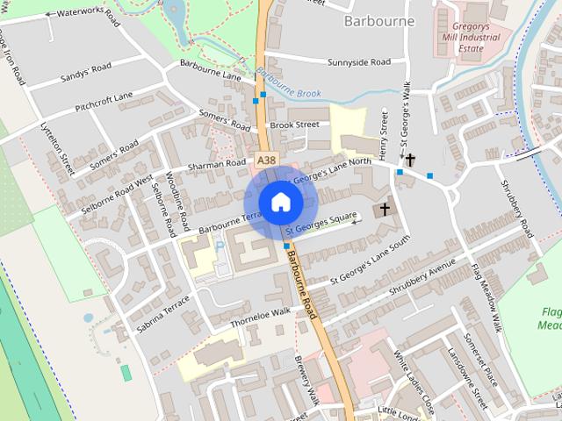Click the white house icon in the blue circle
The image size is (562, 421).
pos(280,202)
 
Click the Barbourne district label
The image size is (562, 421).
pos(380,20)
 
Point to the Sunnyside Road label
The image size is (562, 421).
pos(358,62)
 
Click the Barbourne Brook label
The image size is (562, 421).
pos(290,84)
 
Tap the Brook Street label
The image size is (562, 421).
pos(294,125)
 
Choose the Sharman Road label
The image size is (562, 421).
pos(217,164)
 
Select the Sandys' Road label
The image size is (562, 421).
pos(85,72)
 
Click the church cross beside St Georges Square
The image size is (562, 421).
pos(384,210)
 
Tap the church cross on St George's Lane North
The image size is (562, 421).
pos(410,160)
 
